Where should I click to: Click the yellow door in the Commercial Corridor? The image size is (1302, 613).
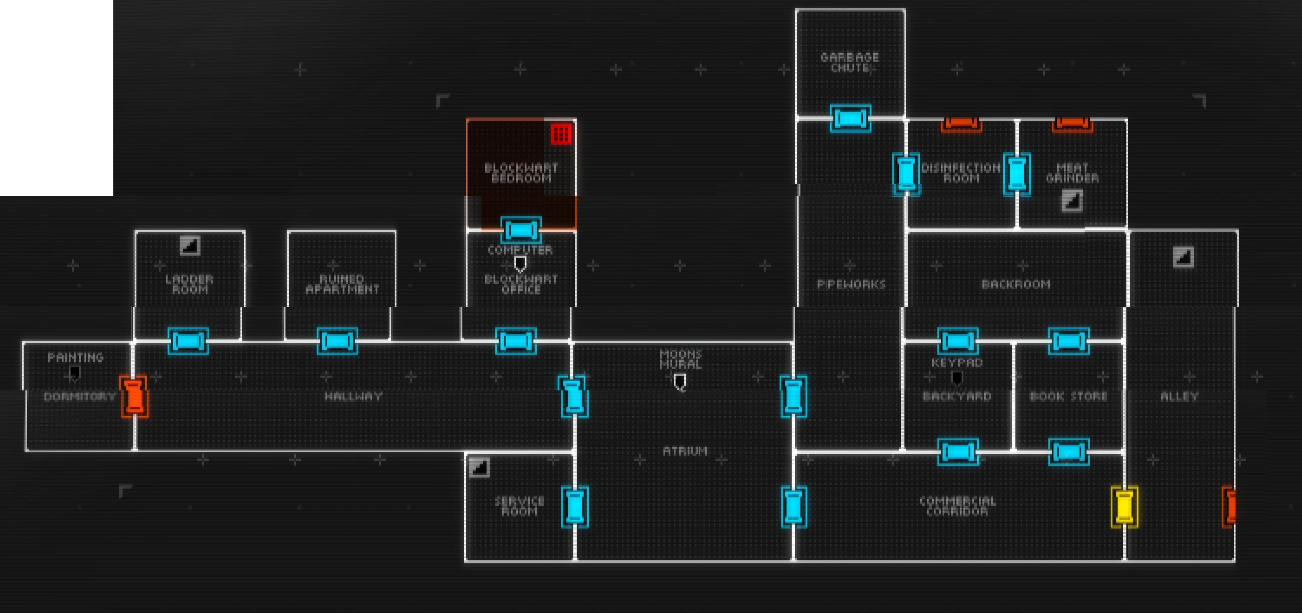1124,507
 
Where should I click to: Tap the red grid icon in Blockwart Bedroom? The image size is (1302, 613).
561,134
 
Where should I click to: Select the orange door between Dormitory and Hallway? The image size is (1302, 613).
133,396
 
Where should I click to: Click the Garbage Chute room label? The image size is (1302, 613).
850,62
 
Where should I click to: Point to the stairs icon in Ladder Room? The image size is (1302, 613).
190,246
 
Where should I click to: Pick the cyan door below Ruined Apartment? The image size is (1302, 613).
337,341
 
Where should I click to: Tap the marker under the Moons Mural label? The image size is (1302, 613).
680,382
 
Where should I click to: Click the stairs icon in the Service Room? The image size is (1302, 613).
479,467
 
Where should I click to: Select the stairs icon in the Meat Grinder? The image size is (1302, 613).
1072,201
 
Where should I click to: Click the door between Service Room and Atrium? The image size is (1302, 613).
574,507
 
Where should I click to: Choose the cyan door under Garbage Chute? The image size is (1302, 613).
850,118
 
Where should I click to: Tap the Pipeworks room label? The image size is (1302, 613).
851,284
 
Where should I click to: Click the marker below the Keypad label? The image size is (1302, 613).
957,378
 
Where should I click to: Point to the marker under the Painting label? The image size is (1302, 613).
75,373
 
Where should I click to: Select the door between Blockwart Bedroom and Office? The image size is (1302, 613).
521,230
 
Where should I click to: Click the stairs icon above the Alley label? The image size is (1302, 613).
1183,257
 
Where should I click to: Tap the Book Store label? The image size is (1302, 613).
1069,396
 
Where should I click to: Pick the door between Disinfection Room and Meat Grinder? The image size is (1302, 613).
1017,173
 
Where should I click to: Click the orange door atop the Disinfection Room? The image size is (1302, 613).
961,123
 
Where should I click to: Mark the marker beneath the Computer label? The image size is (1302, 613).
520,264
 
